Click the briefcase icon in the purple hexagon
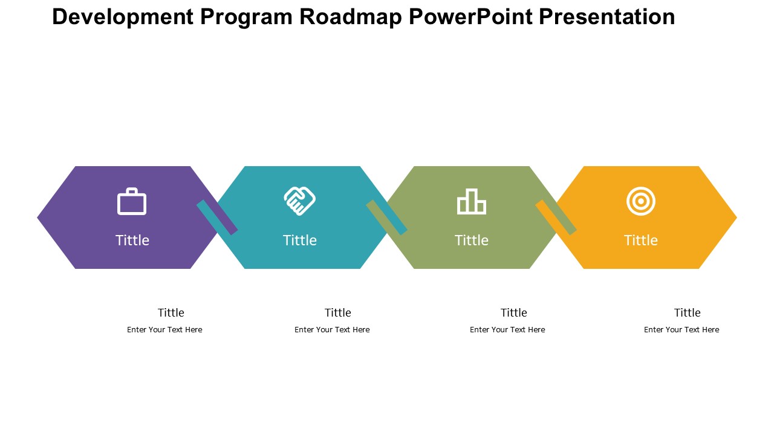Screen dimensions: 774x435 point(132,201)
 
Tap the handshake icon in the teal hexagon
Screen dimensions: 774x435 point(299,201)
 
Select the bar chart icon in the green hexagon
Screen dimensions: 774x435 point(472,201)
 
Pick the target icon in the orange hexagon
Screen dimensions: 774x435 point(640,201)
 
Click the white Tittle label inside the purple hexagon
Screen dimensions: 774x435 point(132,240)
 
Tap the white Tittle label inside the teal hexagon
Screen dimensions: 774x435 point(299,240)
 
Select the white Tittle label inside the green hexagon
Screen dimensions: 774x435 point(471,240)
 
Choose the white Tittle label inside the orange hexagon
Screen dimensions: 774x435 point(640,240)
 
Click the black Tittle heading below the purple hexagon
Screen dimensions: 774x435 point(171,313)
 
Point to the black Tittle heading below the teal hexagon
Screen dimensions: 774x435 point(337,313)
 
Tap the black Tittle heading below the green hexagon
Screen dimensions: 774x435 point(514,313)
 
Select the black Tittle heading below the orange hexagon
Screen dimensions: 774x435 point(688,313)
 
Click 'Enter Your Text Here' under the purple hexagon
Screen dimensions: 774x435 point(164,330)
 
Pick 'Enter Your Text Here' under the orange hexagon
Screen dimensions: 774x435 point(681,330)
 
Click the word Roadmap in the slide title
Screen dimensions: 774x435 point(350,17)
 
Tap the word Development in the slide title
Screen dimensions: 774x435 point(123,17)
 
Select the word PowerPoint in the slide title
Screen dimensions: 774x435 point(470,16)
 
